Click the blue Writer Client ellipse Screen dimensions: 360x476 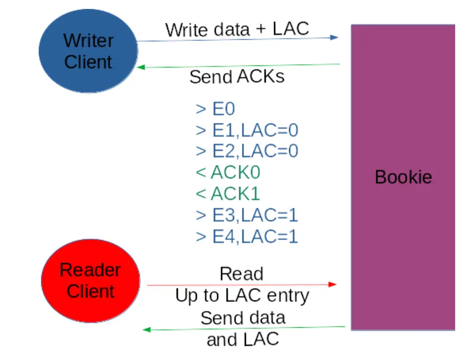pos(88,51)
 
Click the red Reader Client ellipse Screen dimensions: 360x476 pos(90,280)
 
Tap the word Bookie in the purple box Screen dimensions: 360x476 pos(403,177)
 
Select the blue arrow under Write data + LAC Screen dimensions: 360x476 pos(238,39)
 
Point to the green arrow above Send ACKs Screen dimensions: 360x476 pos(238,65)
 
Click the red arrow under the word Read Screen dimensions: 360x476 pos(242,285)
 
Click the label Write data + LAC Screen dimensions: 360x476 pos(237,29)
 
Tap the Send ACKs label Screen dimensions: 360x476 pos(237,77)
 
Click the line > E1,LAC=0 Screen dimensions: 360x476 pos(247,130)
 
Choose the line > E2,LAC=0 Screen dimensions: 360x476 pos(247,151)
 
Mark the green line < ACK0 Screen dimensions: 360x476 pos(228,172)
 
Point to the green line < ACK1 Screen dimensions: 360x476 pos(228,193)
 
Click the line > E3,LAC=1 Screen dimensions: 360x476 pos(247,215)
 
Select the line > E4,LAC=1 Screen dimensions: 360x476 pos(247,237)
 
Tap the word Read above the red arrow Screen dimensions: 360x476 pos(241,273)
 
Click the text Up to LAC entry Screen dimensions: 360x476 pos(242,296)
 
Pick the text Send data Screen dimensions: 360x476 pos(243,317)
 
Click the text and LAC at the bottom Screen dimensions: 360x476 pos(243,339)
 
